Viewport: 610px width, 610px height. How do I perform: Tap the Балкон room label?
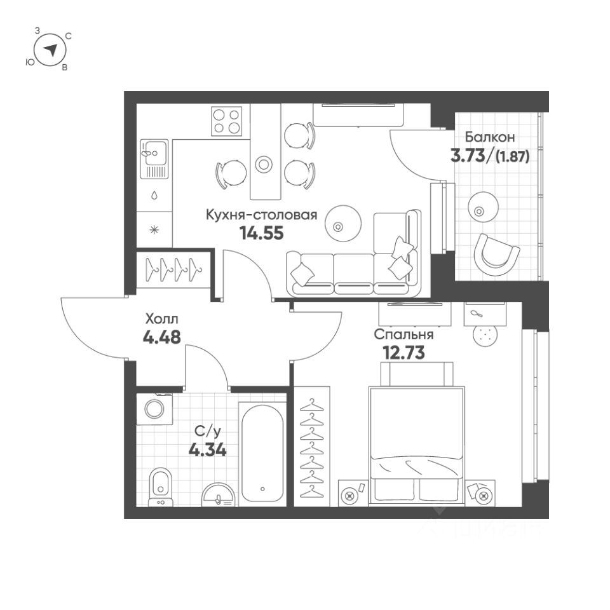click(489, 137)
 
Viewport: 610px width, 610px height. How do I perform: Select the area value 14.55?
click(261, 233)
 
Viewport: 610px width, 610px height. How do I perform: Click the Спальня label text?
click(403, 335)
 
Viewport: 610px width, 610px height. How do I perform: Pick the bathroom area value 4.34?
click(207, 451)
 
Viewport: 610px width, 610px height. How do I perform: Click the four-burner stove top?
click(227, 121)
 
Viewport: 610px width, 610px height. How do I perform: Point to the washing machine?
click(154, 408)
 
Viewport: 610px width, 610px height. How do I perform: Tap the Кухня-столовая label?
click(261, 215)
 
